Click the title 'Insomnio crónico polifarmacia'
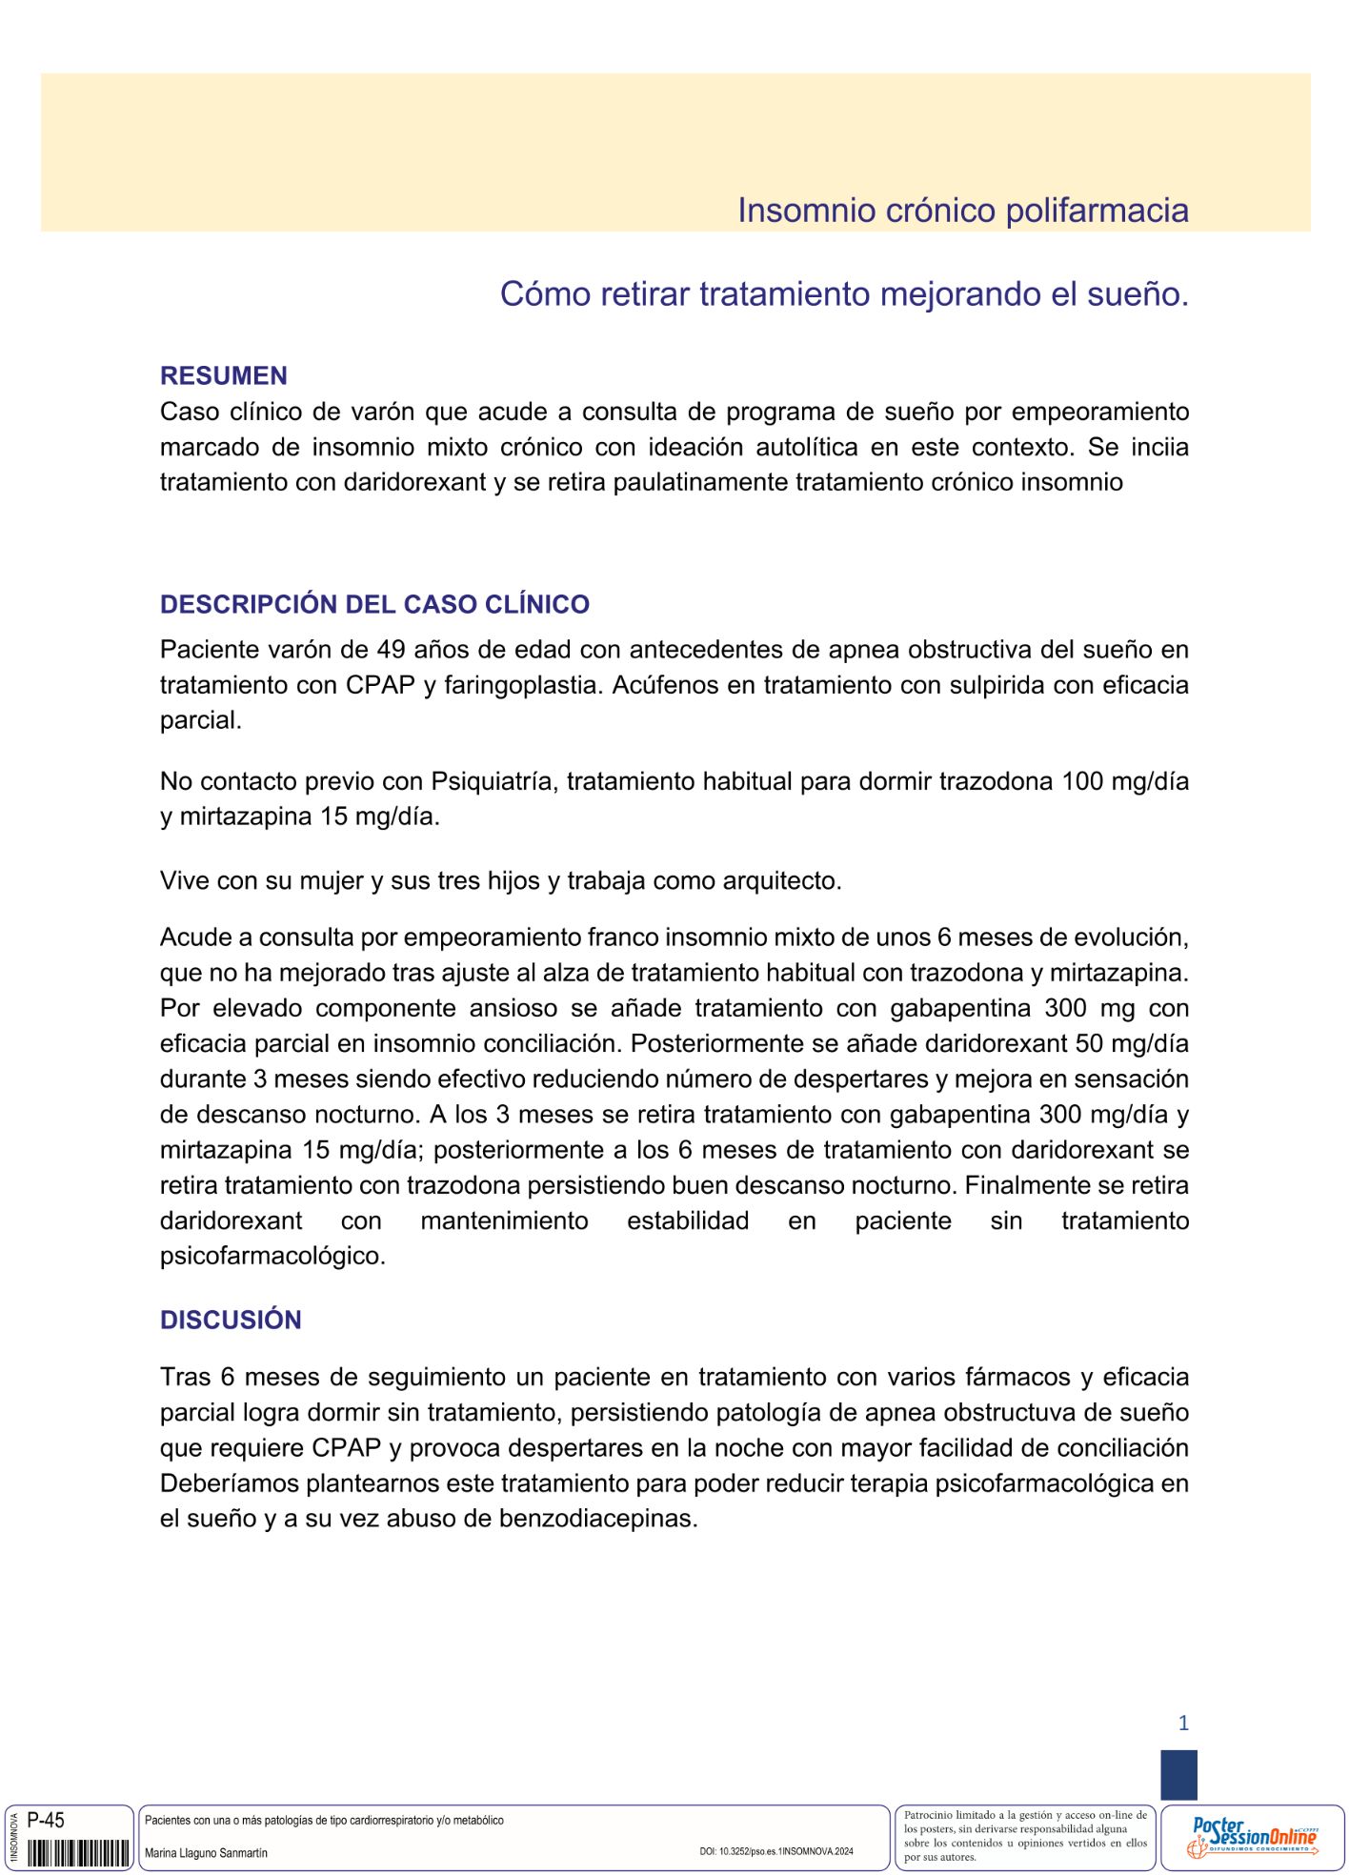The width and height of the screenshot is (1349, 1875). point(962,211)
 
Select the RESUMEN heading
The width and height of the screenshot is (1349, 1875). point(224,375)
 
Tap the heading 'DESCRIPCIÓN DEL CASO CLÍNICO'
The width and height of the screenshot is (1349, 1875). point(374,604)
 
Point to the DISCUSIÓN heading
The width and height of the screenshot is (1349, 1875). point(231,1320)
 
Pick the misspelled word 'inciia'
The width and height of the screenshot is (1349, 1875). point(1159,447)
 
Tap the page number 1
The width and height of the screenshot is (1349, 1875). point(1183,1723)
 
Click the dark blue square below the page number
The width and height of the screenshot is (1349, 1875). point(1178,1774)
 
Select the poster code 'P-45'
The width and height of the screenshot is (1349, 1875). point(46,1821)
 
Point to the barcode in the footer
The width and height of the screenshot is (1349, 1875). point(78,1853)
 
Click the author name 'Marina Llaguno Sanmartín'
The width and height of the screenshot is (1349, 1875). point(206,1853)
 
